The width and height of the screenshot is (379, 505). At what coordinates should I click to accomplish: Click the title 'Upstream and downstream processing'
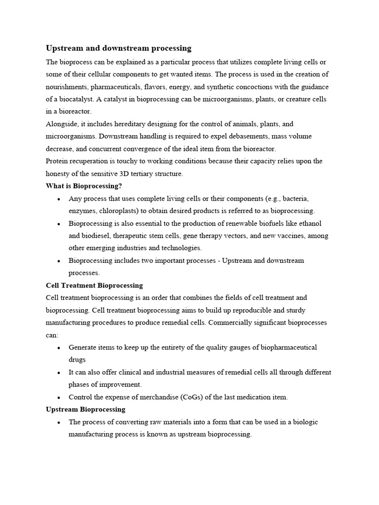coord(118,48)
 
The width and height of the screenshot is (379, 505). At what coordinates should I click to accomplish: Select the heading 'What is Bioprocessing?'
coord(84,186)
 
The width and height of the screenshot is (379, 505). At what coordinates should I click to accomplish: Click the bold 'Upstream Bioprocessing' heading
coord(85,409)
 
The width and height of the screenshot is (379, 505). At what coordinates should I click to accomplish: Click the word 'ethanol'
coord(316,223)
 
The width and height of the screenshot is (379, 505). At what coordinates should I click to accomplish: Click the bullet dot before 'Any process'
coord(59,199)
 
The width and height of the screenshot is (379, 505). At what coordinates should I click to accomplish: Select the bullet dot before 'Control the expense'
coord(59,397)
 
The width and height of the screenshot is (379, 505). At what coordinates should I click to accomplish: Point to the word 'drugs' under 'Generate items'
coord(77,360)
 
